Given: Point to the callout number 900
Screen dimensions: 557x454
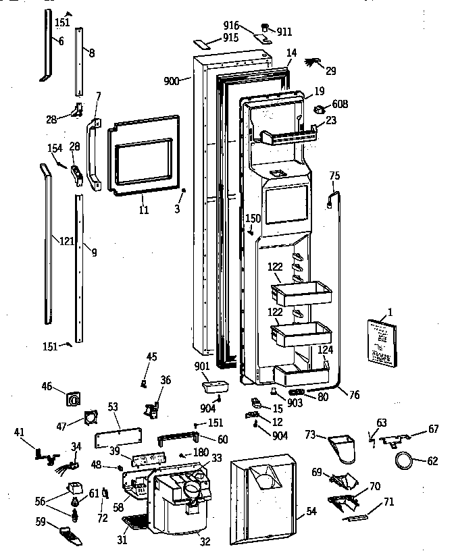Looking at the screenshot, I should pyautogui.click(x=172, y=81).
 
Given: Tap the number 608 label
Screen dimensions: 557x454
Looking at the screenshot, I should pyautogui.click(x=340, y=105).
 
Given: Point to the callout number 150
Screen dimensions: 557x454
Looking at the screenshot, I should pyautogui.click(x=252, y=219).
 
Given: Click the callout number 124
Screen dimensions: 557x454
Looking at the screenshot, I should pyautogui.click(x=326, y=350).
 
